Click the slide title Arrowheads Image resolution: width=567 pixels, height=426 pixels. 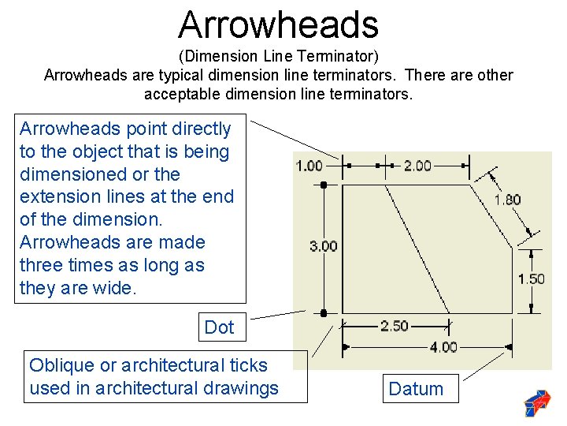(278, 24)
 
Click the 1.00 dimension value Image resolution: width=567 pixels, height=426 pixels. (309, 166)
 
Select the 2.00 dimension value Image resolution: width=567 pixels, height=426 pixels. (417, 166)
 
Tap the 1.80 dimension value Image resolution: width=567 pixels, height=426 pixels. (507, 200)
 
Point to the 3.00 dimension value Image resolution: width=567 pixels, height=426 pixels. (323, 246)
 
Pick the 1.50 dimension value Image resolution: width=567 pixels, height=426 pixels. (531, 278)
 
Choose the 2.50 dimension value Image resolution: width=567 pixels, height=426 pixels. (395, 326)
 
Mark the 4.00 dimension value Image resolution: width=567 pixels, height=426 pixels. (443, 347)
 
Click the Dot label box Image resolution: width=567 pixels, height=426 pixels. (219, 327)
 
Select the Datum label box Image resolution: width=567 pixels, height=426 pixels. (416, 389)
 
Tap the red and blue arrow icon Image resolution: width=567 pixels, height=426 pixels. (538, 403)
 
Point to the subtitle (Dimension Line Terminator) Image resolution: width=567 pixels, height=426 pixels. (278, 57)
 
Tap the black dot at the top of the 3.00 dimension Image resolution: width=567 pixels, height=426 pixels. (324, 185)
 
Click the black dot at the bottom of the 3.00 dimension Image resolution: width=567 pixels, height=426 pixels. (324, 313)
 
